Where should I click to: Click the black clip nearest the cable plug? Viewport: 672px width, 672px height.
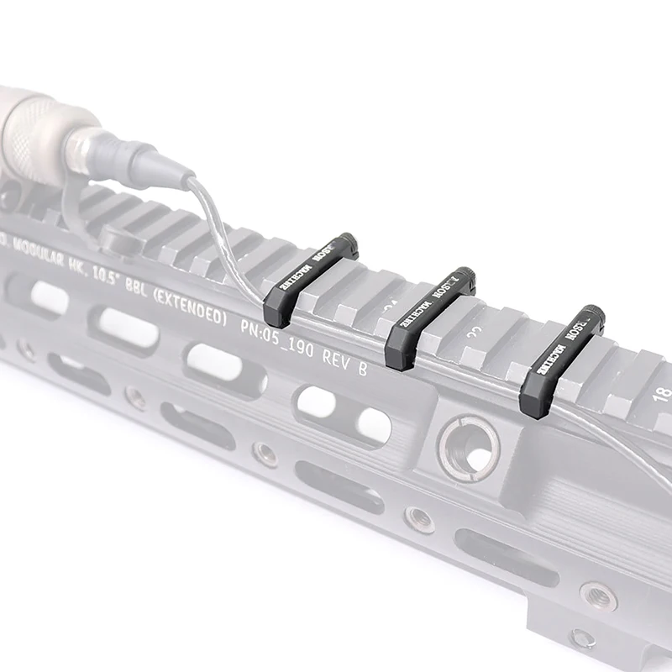tap(311, 277)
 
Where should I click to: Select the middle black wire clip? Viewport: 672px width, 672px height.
tap(428, 319)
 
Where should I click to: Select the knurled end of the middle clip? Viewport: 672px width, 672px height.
tap(463, 276)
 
